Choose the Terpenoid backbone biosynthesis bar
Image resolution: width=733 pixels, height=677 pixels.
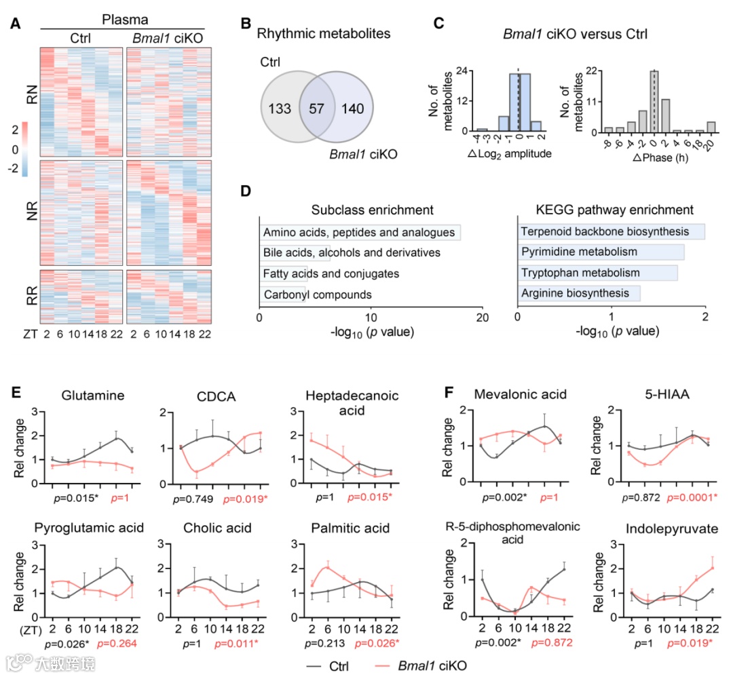point(611,232)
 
